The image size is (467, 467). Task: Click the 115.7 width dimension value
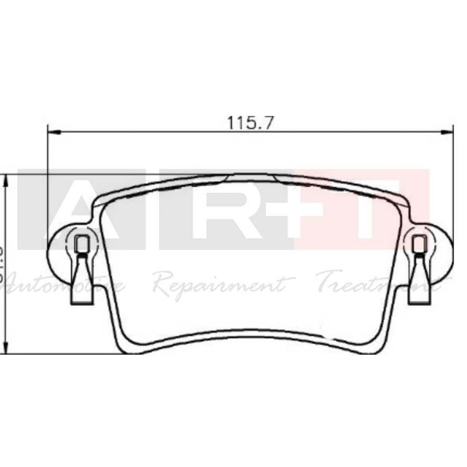click(250, 122)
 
